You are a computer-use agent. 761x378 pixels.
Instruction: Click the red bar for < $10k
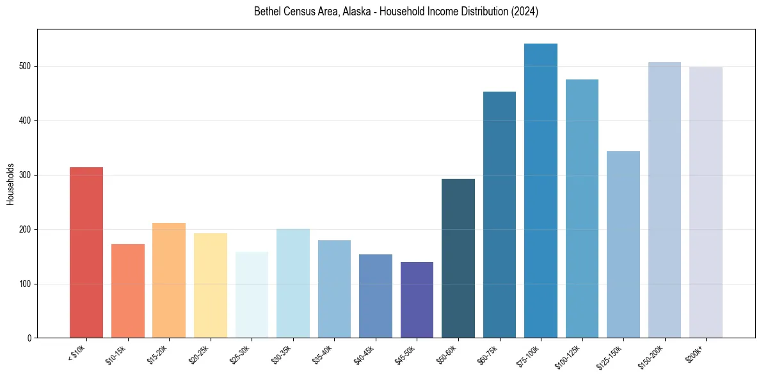(86, 252)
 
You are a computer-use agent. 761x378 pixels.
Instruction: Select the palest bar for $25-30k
(252, 295)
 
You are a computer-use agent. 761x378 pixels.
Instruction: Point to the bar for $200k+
(705, 202)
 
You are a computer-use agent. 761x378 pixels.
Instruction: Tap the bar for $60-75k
(499, 215)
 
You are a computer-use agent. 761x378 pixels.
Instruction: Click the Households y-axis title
(11, 184)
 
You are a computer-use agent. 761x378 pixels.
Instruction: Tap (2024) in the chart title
(522, 12)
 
